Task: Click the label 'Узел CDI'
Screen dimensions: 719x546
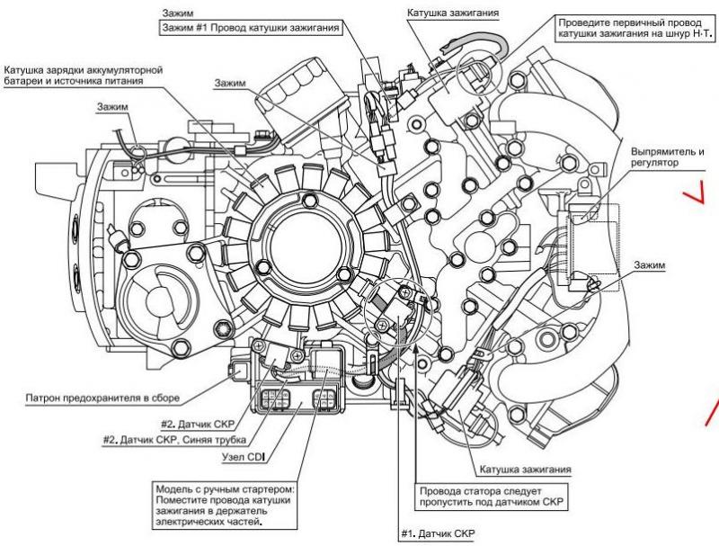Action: point(244,457)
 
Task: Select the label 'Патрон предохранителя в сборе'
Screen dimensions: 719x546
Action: point(102,398)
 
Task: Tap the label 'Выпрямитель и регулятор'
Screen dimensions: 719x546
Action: point(667,157)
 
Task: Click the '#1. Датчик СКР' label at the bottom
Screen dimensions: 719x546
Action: point(438,533)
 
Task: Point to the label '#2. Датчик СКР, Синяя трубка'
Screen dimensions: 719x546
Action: point(174,440)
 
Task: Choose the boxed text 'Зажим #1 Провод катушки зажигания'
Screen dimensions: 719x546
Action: point(251,28)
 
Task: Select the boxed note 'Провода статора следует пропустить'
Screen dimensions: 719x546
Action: point(491,497)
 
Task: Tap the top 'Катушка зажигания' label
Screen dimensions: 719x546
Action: point(453,13)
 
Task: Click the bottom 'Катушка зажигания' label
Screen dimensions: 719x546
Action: point(526,470)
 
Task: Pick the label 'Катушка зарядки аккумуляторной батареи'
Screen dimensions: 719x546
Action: point(84,76)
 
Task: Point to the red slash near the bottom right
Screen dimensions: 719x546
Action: point(712,413)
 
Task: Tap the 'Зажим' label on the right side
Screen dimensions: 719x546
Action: point(649,264)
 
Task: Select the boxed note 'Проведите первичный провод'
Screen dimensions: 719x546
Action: point(635,28)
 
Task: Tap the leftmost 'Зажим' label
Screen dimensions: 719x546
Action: point(112,106)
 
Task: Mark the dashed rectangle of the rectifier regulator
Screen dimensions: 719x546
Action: point(593,247)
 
